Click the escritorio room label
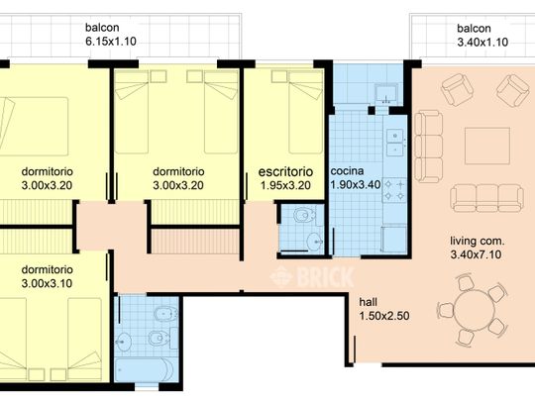[x=285, y=171]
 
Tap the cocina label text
[x=347, y=171]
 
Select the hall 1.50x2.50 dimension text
[x=384, y=316]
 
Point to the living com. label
[x=477, y=241]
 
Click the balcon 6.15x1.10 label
[x=111, y=35]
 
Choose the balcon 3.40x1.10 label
[x=482, y=35]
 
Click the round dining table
[x=475, y=310]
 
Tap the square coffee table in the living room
[x=487, y=146]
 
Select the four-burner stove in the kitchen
[x=394, y=190]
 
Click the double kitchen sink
[x=395, y=143]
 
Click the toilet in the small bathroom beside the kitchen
[x=304, y=216]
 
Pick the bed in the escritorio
[x=306, y=112]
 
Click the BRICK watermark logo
[x=312, y=277]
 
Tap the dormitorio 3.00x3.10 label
[x=48, y=276]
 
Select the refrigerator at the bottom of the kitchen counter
[x=394, y=239]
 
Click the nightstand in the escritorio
[x=279, y=76]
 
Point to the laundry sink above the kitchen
[x=386, y=94]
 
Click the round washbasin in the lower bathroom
[x=124, y=342]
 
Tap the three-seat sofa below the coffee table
[x=486, y=198]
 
